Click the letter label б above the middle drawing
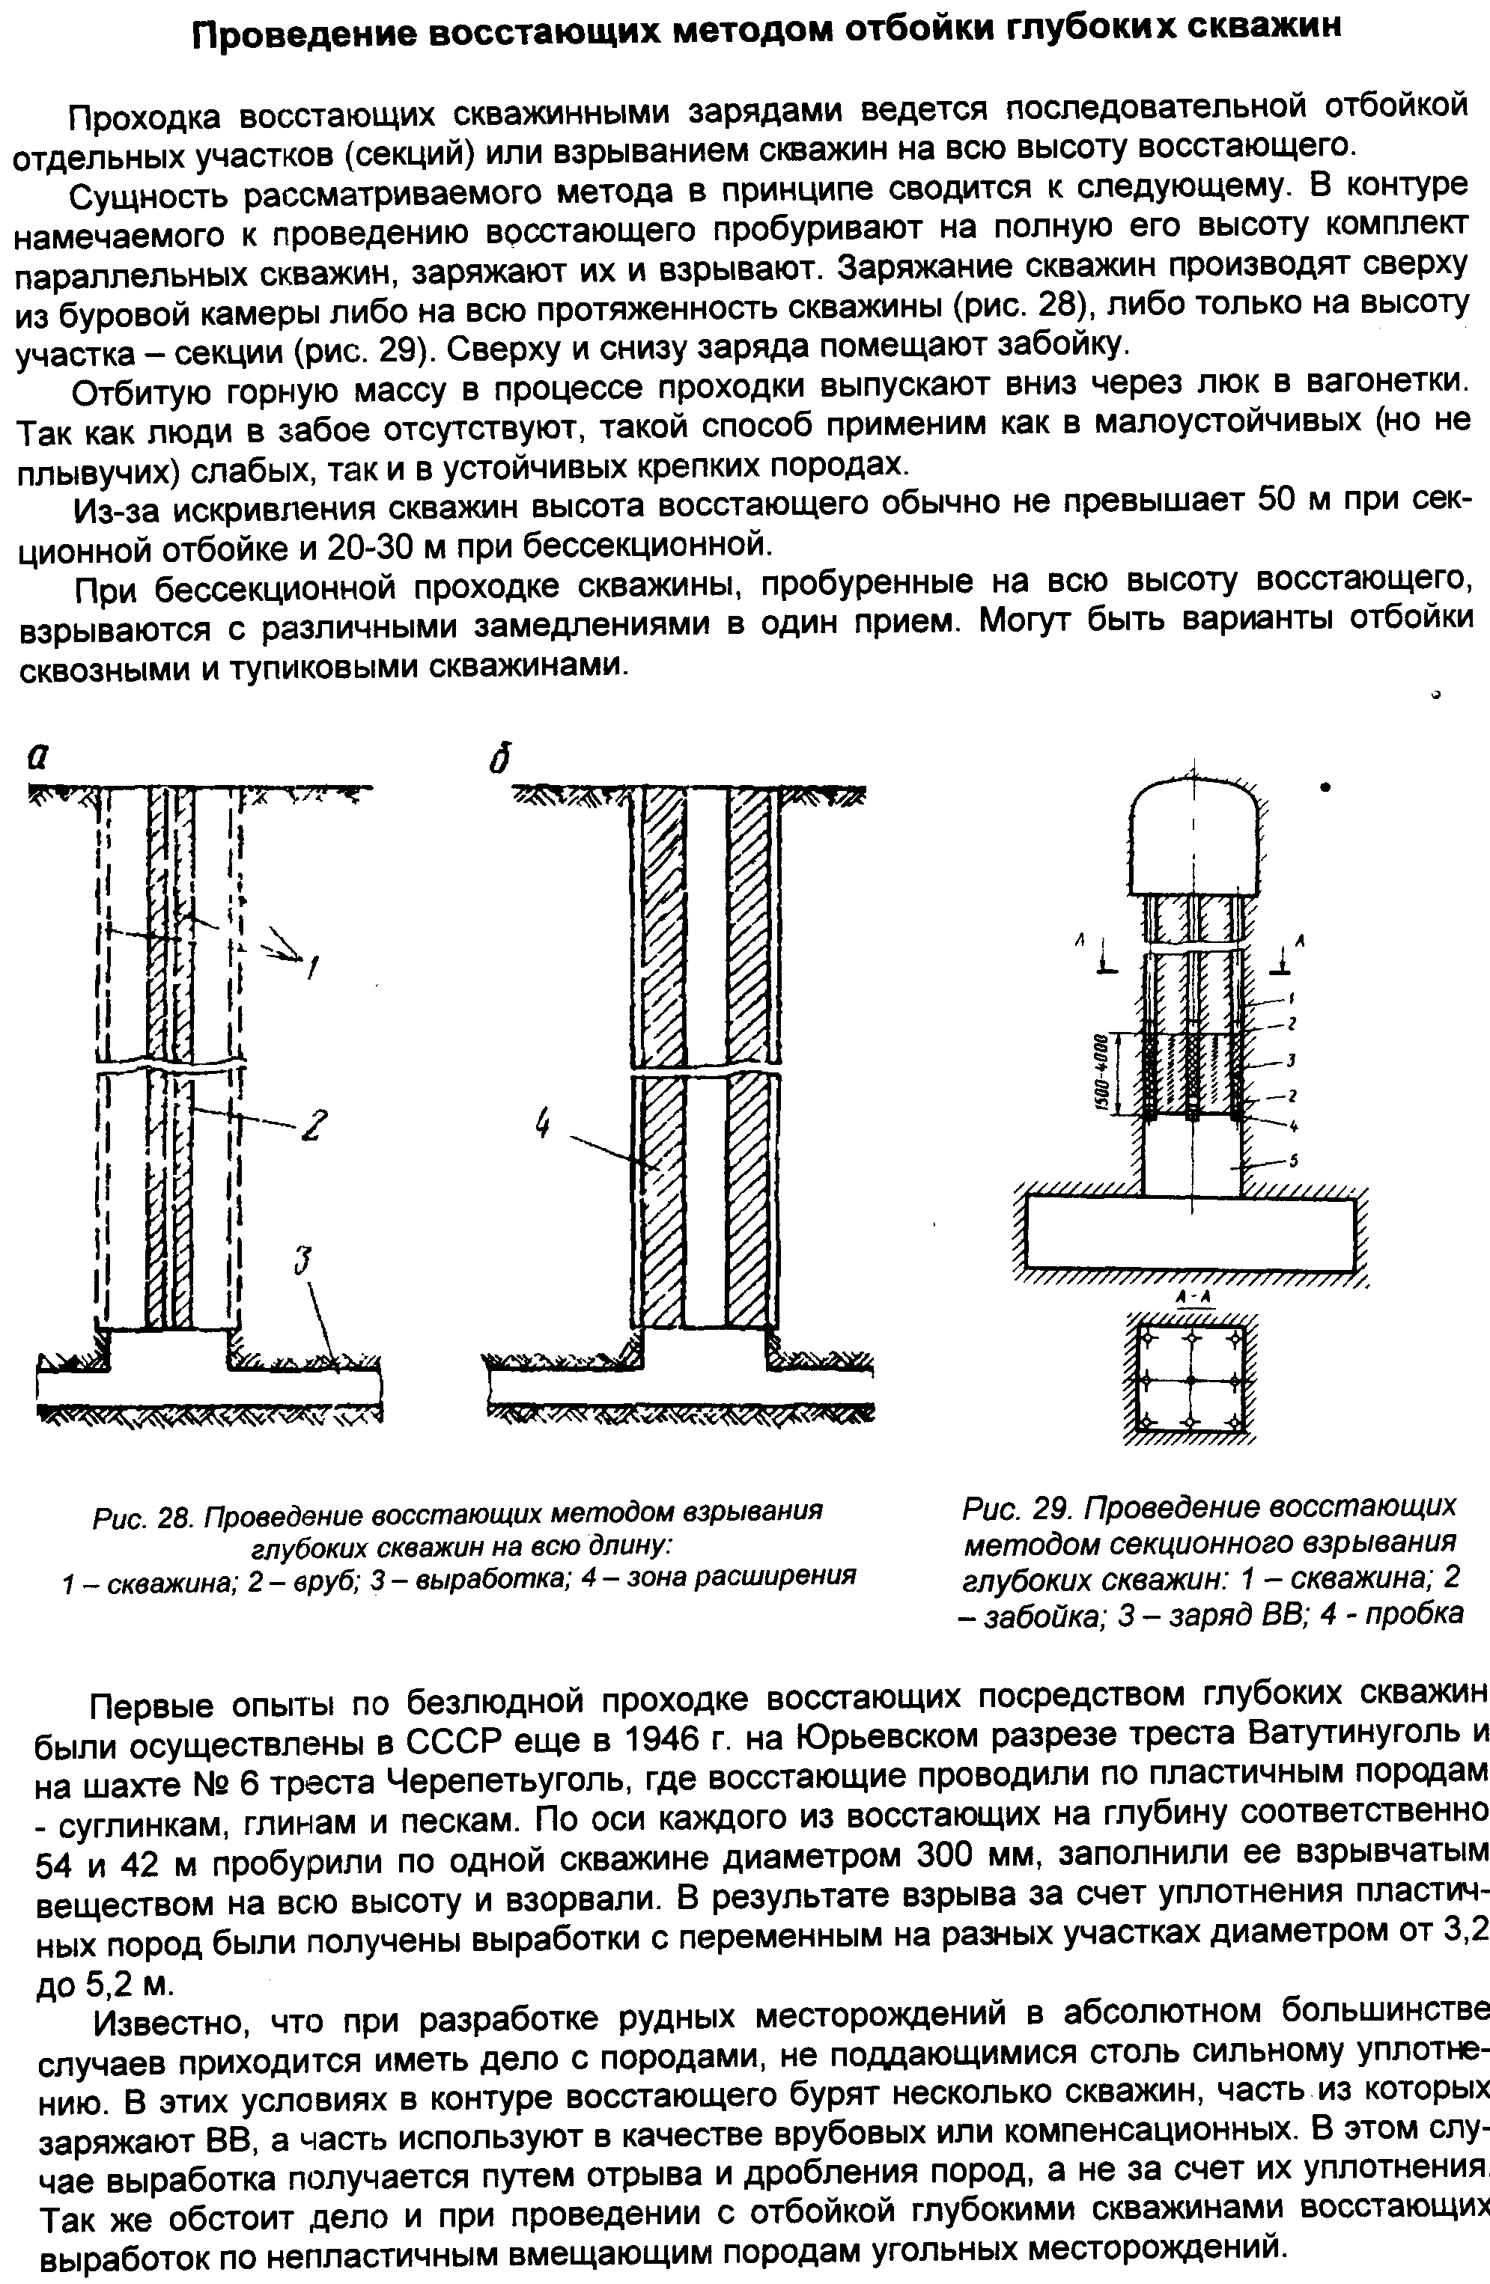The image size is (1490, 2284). pos(498,759)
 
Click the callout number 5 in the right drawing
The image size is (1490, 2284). pos(1294,1161)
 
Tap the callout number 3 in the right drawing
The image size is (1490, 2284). pos(1292,1060)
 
